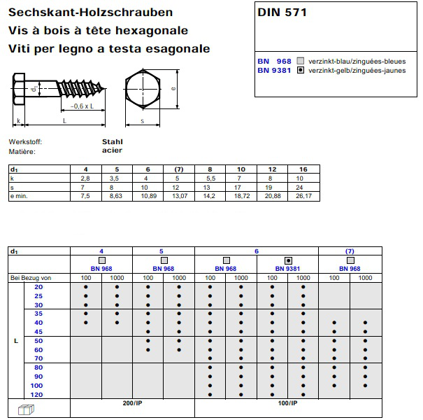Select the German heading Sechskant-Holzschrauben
(91, 13)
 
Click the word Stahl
(113, 141)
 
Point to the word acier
(112, 150)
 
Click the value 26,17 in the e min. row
(303, 197)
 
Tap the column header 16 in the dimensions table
(303, 170)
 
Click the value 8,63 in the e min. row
(116, 197)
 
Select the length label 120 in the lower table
(37, 395)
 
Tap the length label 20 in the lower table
(38, 287)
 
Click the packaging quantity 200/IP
(132, 404)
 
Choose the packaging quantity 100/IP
(287, 404)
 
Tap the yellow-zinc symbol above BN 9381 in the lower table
(287, 260)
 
